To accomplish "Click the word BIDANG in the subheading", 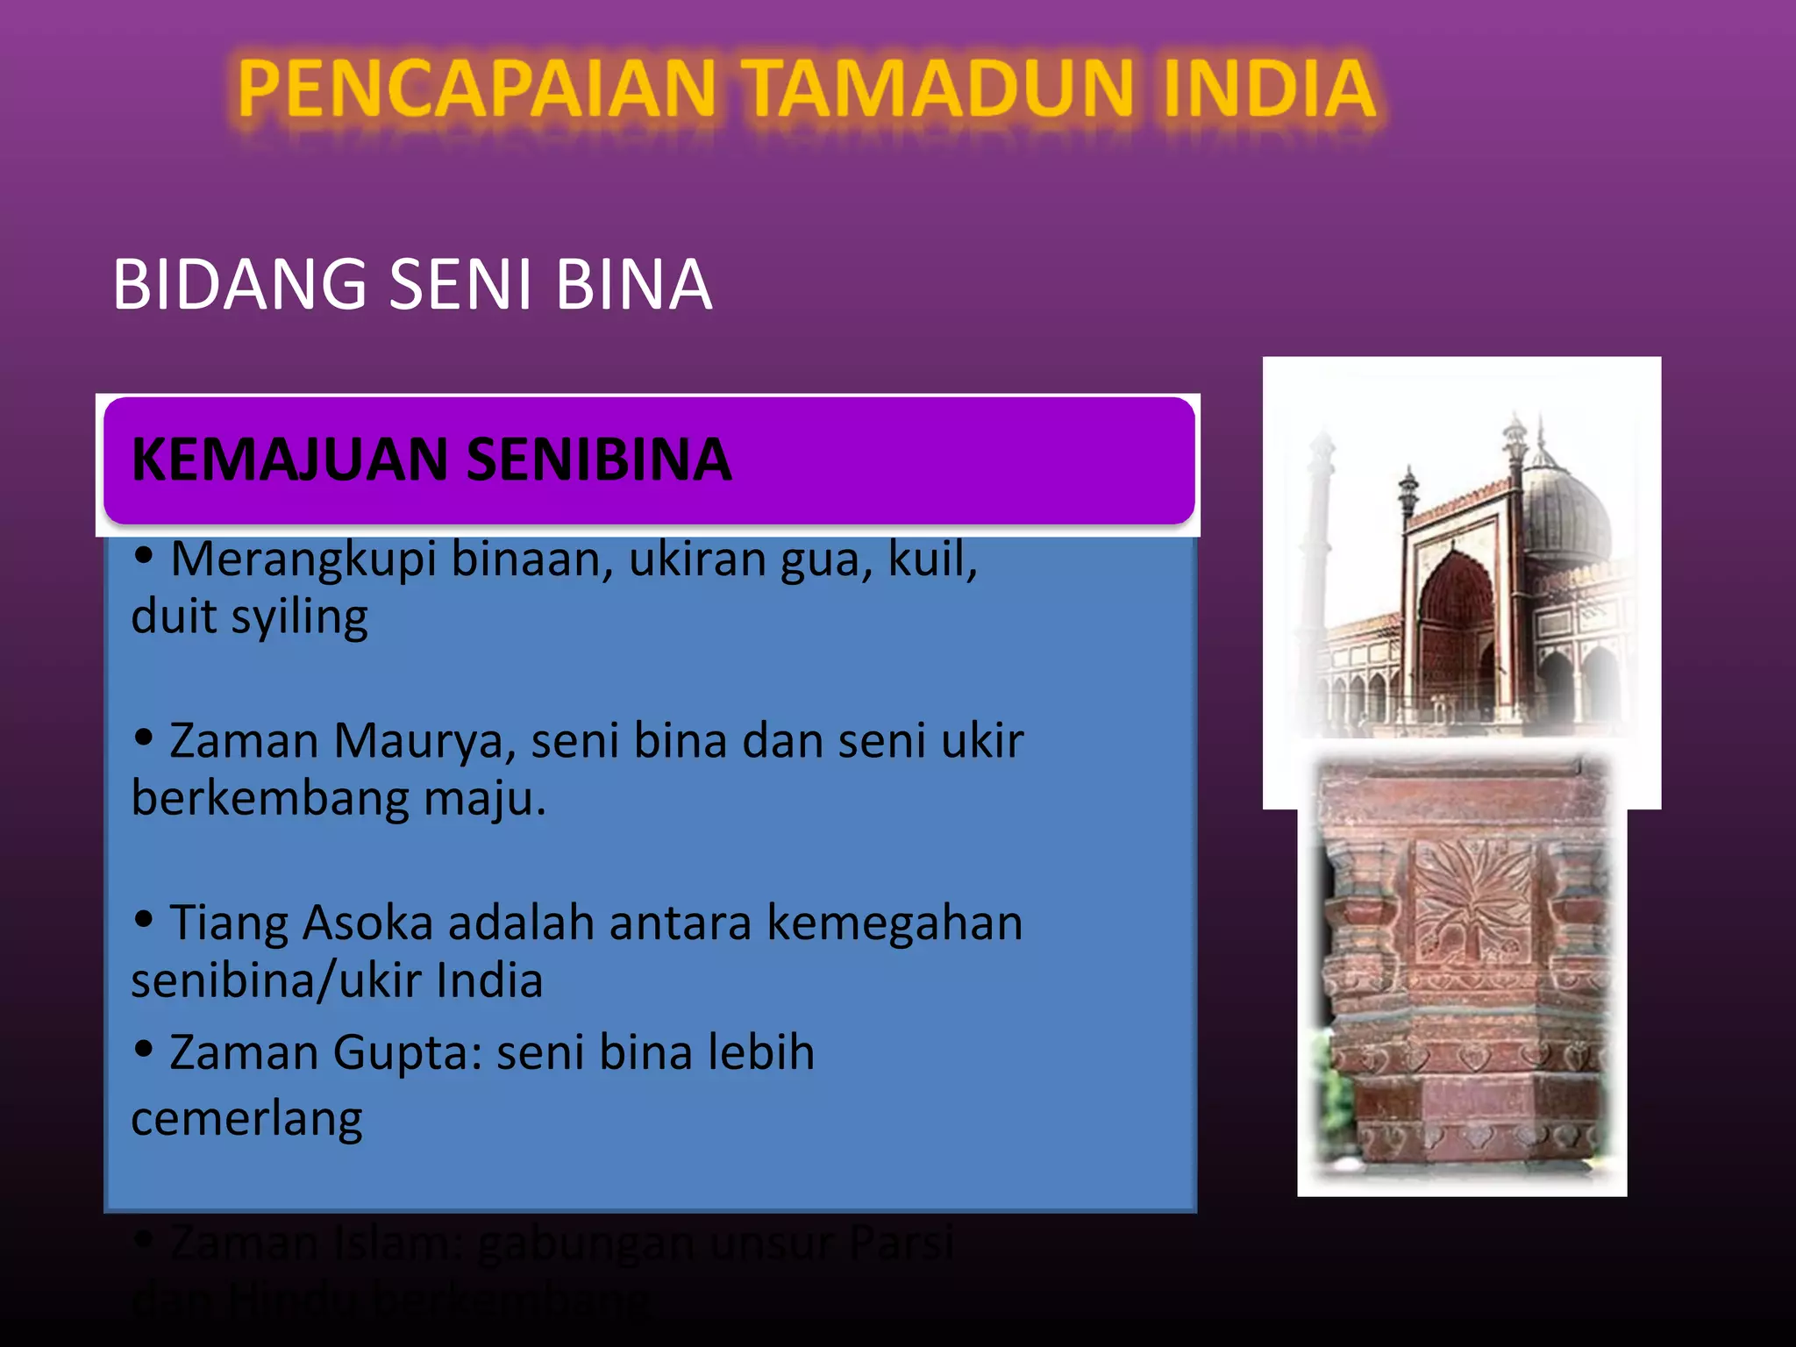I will [239, 284].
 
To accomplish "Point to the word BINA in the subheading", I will [633, 284].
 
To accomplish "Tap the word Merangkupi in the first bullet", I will [303, 559].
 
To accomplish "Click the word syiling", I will [299, 617].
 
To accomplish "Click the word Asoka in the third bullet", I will [367, 923].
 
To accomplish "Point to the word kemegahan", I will [894, 923].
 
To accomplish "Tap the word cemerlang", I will [246, 1119].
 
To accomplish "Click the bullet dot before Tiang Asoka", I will [144, 919].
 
